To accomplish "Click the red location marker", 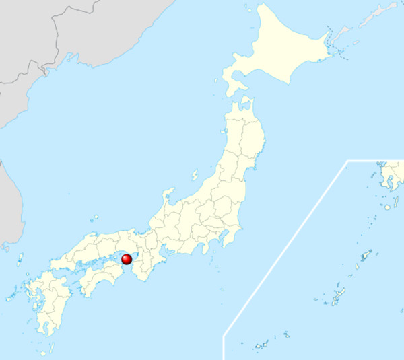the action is point(127,259).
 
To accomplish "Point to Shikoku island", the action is point(101,279).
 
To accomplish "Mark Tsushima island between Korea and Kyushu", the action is point(20,259).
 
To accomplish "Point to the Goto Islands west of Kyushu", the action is point(12,295).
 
